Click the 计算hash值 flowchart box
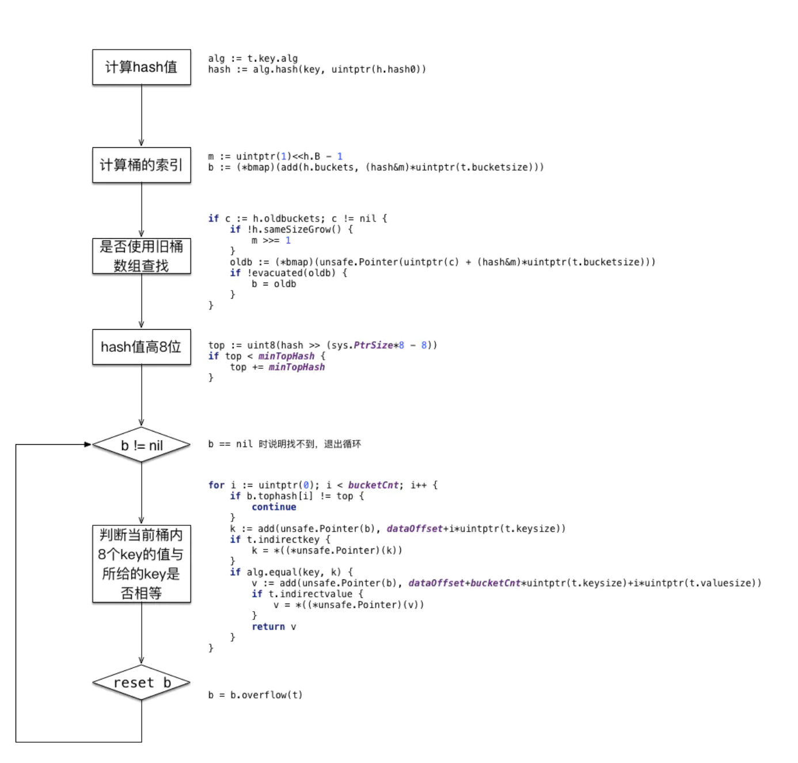(141, 67)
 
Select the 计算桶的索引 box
(141, 165)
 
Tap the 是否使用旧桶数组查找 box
(141, 256)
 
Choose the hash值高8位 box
(141, 347)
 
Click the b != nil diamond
(141, 445)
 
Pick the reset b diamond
(141, 682)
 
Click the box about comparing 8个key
(141, 564)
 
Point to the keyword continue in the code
(273, 507)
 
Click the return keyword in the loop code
(268, 627)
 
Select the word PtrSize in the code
(373, 345)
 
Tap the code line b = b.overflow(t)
(255, 695)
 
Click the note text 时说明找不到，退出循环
(310, 444)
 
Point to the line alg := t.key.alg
(253, 58)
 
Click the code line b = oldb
(273, 284)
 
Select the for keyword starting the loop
(216, 485)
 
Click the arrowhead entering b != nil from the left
(88, 444)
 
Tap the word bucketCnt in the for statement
(373, 485)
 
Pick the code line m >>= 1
(271, 241)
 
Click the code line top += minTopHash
(277, 367)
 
